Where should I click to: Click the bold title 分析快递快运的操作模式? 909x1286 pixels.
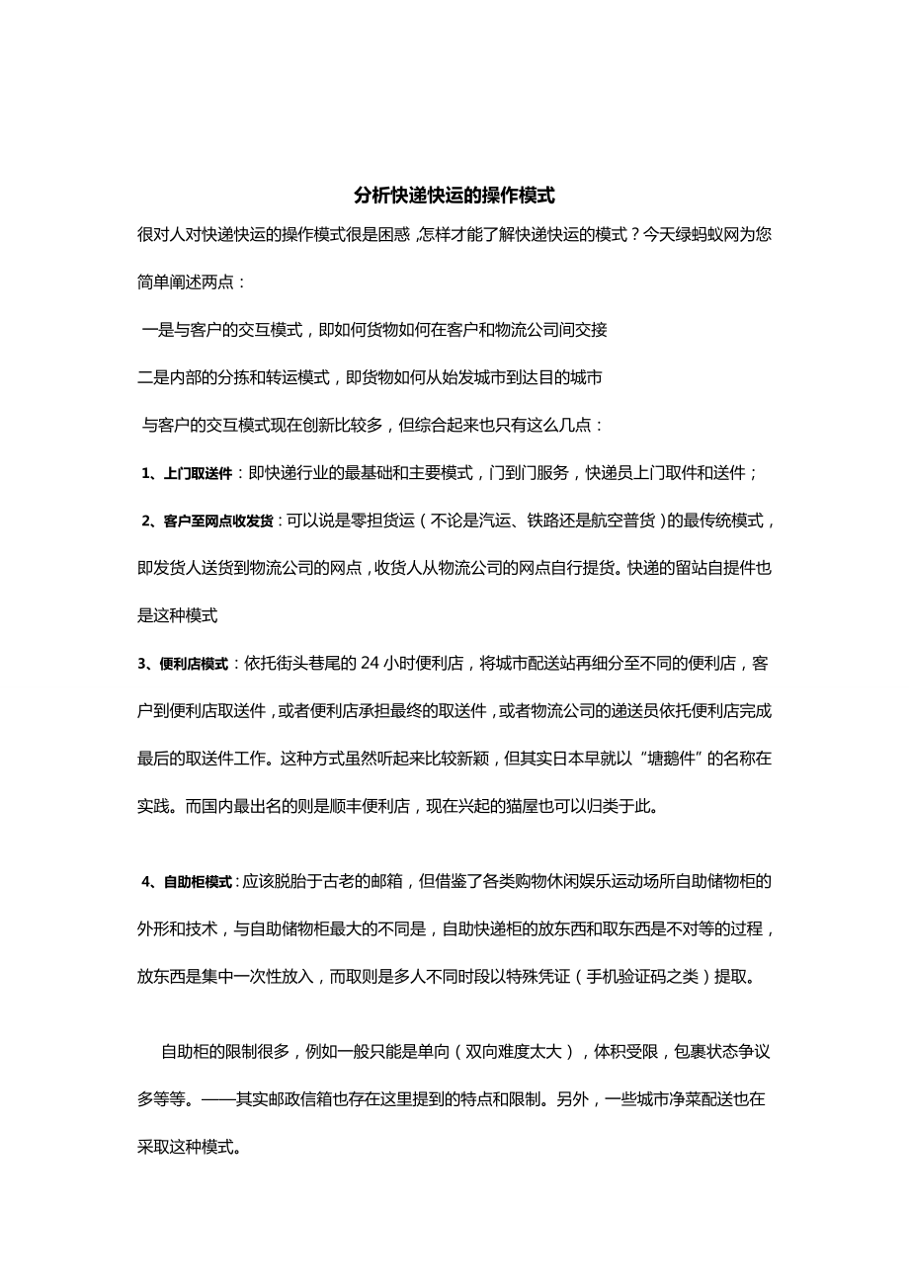coord(454,196)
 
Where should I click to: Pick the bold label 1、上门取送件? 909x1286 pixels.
coord(187,473)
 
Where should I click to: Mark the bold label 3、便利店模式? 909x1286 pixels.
coord(183,664)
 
